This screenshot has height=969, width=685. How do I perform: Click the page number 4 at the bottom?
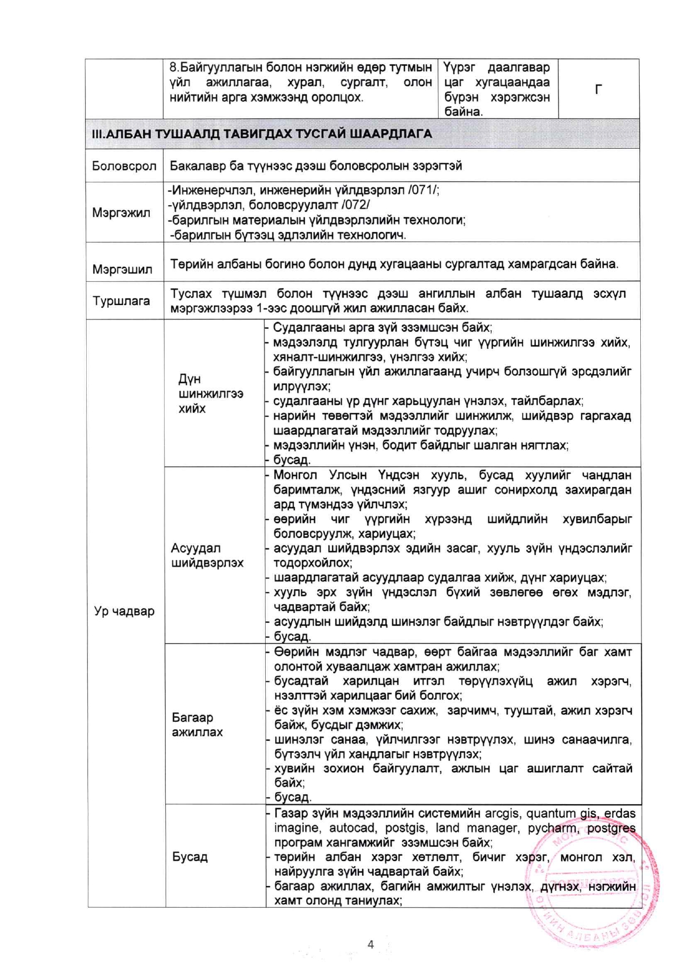[371, 944]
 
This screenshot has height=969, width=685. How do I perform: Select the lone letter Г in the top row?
[598, 89]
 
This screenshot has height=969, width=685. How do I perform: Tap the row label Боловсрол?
[124, 166]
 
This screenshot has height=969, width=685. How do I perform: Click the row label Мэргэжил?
[121, 213]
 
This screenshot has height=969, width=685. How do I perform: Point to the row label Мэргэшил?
[122, 269]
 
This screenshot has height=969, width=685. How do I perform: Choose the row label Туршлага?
[121, 301]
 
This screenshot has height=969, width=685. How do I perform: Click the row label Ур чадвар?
[124, 611]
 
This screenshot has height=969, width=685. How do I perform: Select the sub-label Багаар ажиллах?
[197, 725]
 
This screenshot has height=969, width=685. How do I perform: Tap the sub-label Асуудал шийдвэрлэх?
[207, 556]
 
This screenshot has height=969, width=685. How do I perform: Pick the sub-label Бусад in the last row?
[189, 857]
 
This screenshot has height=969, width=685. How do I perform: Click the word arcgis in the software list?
[503, 813]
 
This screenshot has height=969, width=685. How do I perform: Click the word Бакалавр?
[197, 166]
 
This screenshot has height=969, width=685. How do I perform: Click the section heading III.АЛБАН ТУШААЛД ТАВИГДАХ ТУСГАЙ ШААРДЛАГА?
[262, 134]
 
